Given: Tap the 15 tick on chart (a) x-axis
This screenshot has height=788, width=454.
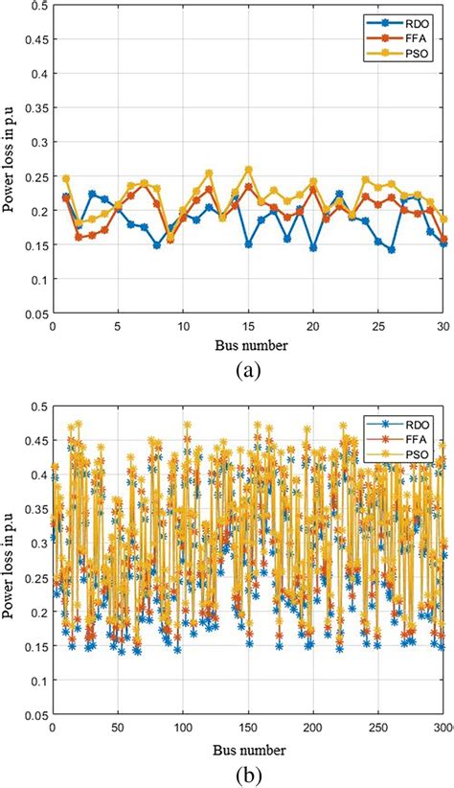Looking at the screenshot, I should (x=249, y=326).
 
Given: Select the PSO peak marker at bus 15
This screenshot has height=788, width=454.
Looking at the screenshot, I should (x=249, y=170).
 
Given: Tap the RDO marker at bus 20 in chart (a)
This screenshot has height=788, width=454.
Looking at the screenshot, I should (x=313, y=247).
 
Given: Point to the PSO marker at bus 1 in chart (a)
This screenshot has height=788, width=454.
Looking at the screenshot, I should (x=66, y=178).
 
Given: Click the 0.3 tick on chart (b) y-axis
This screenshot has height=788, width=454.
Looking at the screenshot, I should (x=39, y=543).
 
